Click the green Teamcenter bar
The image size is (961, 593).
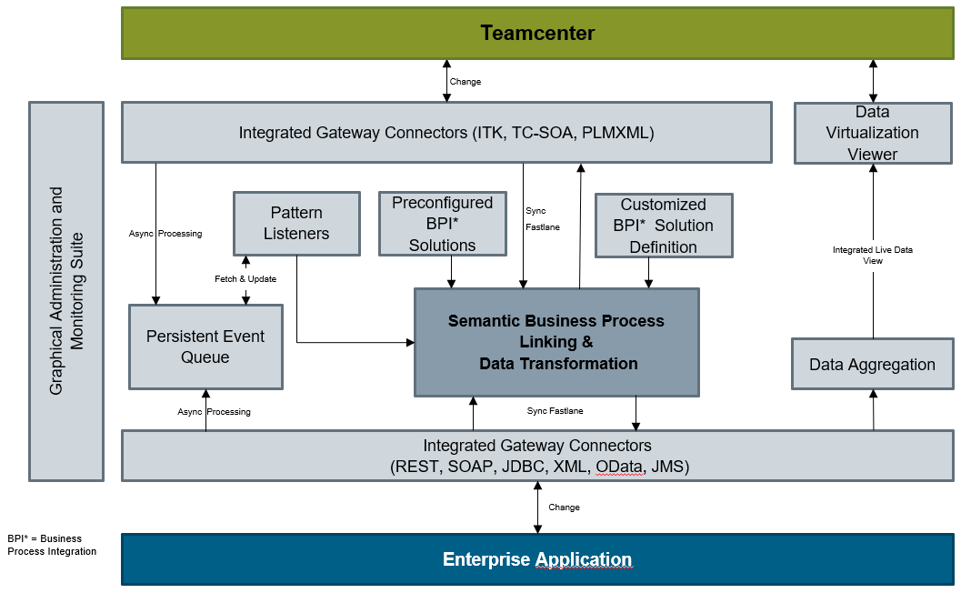[x=537, y=34]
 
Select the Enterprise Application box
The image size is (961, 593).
[x=537, y=559]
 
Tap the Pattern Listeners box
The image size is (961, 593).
[x=296, y=223]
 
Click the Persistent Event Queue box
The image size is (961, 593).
[x=205, y=347]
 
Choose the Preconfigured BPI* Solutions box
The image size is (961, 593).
[x=442, y=224]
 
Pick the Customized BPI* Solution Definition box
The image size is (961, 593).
[x=663, y=226]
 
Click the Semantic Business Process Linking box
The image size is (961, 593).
[x=556, y=343]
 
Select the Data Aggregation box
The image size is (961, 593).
[x=872, y=365]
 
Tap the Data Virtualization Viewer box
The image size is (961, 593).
[x=872, y=133]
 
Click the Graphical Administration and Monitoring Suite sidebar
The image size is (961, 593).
[x=66, y=291]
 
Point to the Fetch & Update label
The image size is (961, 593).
[x=245, y=278]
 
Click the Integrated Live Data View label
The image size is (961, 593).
[x=873, y=255]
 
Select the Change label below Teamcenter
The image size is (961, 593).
[x=465, y=82]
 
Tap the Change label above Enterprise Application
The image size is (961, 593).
[x=564, y=508]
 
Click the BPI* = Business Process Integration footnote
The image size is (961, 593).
[x=52, y=545]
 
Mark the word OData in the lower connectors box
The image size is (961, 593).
[x=618, y=467]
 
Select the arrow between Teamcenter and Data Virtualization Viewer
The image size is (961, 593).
[x=873, y=81]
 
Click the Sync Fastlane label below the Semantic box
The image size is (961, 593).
[x=555, y=411]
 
